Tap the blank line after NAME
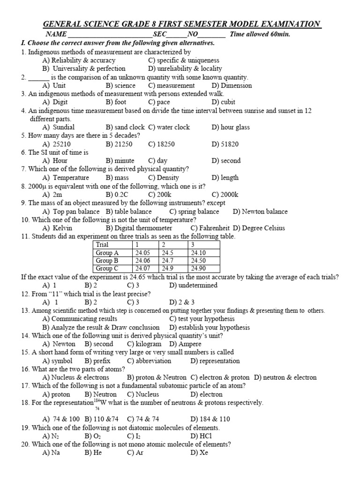[x=110, y=35]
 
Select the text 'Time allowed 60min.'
[x=260, y=34]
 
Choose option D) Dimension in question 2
[x=232, y=85]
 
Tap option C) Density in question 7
[x=164, y=178]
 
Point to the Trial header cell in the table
[x=102, y=245]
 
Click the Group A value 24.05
[x=143, y=253]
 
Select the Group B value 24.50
[x=199, y=261]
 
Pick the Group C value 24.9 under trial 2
[x=168, y=269]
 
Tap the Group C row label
[x=106, y=269]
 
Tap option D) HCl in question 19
[x=199, y=435]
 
